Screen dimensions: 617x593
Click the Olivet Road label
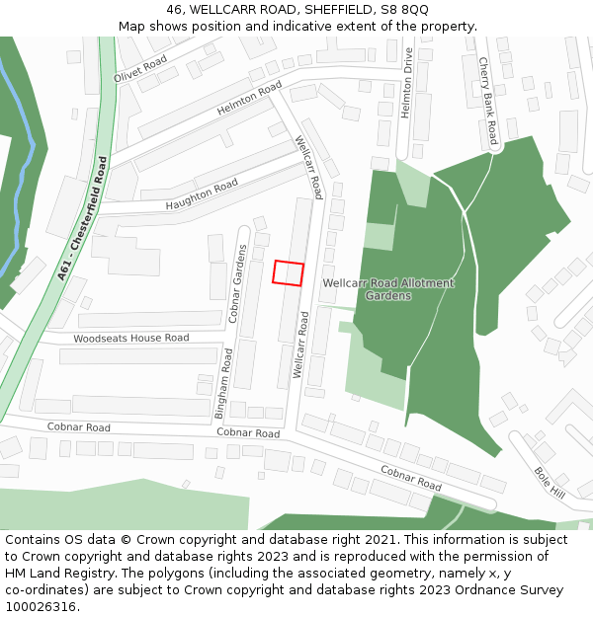tap(140, 66)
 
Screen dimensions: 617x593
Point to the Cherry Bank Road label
tap(486, 101)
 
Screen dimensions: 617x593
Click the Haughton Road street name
tap(202, 193)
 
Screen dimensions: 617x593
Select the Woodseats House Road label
tap(131, 339)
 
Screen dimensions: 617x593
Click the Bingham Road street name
tap(224, 383)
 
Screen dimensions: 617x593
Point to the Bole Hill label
tap(550, 482)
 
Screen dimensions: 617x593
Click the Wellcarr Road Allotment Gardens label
tap(388, 289)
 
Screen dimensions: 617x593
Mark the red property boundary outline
tap(288, 272)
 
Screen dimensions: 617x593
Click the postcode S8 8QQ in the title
tap(404, 10)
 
